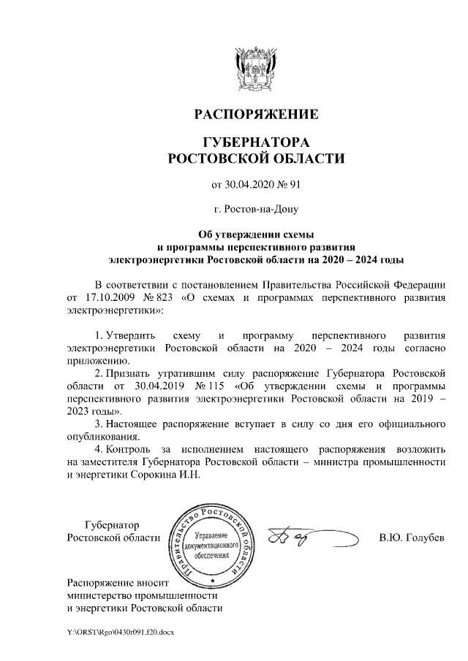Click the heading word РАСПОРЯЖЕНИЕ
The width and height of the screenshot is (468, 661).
coord(255,115)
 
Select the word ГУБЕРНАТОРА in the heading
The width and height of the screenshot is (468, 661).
coord(255,141)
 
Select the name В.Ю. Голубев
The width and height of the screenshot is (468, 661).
coord(411,538)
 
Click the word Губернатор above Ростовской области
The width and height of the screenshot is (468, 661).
coord(112,525)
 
